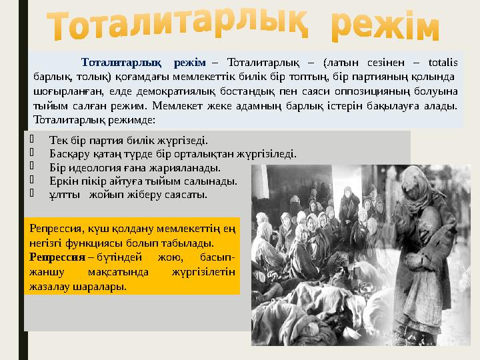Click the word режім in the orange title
click(385, 27)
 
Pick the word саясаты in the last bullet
click(189, 195)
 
